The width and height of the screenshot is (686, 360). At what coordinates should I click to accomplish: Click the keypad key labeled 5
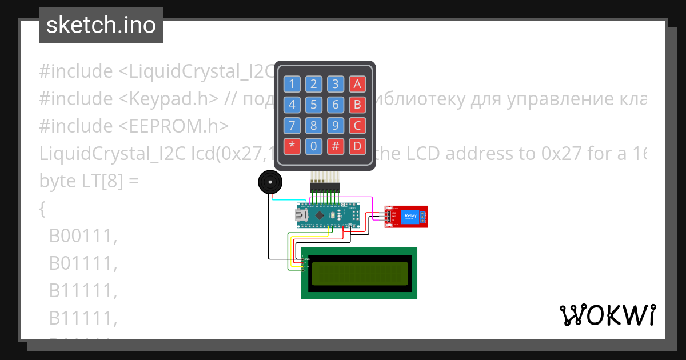(314, 105)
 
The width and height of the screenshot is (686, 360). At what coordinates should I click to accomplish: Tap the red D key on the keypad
(357, 146)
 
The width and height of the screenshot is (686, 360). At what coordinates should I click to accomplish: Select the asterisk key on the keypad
(292, 146)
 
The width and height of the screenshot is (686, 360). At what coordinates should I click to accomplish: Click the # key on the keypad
(336, 146)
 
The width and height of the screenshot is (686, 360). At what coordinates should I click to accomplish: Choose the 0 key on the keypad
(314, 146)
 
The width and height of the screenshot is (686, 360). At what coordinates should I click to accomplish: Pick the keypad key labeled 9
(336, 126)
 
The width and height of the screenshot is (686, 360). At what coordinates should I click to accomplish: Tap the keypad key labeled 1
(292, 85)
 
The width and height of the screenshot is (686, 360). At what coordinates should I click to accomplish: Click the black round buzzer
(270, 183)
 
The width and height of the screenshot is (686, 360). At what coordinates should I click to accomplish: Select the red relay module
(406, 217)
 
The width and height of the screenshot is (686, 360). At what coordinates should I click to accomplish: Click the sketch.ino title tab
(101, 25)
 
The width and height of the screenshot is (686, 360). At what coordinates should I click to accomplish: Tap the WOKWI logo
(607, 315)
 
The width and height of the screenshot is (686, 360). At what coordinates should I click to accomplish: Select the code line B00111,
(83, 236)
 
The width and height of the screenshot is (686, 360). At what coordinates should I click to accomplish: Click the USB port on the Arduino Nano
(301, 215)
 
